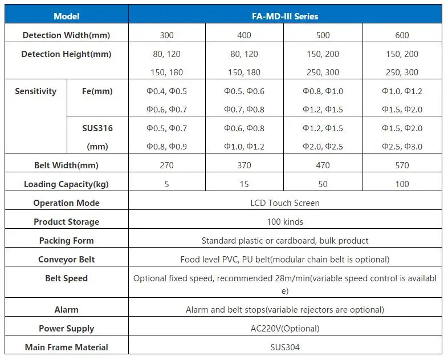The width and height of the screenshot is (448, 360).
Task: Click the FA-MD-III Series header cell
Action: [x=285, y=17]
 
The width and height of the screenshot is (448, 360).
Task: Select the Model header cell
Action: [x=66, y=17]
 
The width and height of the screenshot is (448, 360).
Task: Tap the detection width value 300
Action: [x=167, y=35]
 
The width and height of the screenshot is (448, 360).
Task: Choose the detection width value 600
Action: [x=402, y=35]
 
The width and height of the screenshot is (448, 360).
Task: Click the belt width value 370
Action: [x=245, y=165]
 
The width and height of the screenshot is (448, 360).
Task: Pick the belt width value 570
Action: [x=402, y=165]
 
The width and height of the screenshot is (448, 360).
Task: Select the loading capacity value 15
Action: [x=245, y=184]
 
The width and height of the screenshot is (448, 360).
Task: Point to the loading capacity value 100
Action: [x=402, y=184]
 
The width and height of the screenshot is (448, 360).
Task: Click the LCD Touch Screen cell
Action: [x=285, y=203]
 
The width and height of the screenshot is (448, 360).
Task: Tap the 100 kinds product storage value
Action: [x=285, y=222]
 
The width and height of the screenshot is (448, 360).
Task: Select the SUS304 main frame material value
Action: [x=285, y=347]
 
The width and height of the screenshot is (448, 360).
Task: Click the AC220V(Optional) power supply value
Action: [x=285, y=328]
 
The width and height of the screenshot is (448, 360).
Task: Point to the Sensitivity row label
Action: [x=36, y=91]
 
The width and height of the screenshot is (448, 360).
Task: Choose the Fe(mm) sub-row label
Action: [x=98, y=91]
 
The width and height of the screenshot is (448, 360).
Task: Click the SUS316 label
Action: [x=97, y=128]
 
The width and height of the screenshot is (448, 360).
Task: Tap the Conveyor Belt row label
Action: [x=66, y=260]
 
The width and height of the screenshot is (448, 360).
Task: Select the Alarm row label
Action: [x=66, y=310]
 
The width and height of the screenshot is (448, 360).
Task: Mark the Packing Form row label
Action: [x=66, y=241]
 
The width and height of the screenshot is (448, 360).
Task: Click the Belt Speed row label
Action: [x=66, y=278]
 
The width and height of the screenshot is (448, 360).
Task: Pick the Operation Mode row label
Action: [x=66, y=203]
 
